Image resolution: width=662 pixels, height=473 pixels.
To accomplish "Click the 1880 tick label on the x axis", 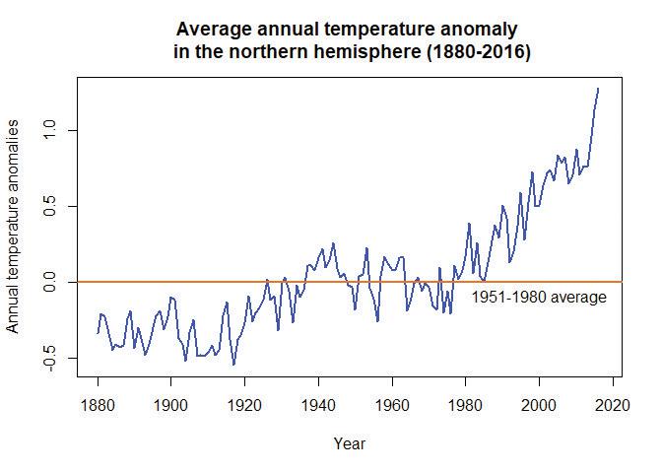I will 98,405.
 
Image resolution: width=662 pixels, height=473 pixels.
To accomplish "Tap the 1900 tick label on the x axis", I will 171,405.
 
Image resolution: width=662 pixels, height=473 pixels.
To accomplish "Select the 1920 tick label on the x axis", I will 245,405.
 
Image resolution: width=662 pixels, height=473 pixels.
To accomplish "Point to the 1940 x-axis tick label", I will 319,405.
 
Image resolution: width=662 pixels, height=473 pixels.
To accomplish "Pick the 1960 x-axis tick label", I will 393,405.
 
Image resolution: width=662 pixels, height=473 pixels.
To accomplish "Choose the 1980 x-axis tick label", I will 466,405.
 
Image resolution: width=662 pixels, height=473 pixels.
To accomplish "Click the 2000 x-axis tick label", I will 540,405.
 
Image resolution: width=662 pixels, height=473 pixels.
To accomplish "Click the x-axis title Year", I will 350,443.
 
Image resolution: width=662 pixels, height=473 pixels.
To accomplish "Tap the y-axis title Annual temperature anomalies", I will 15,227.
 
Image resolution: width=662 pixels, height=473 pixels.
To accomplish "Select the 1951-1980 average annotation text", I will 538,297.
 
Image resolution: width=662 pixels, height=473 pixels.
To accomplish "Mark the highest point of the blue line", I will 598,89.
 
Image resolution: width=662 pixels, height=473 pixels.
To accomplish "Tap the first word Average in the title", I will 212,30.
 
